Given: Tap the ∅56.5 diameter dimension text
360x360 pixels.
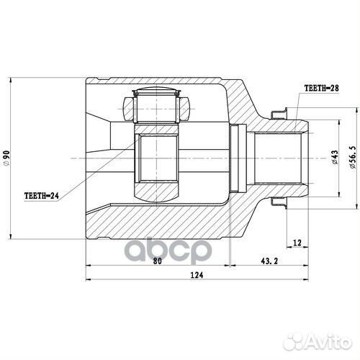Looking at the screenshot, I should click(x=351, y=158).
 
